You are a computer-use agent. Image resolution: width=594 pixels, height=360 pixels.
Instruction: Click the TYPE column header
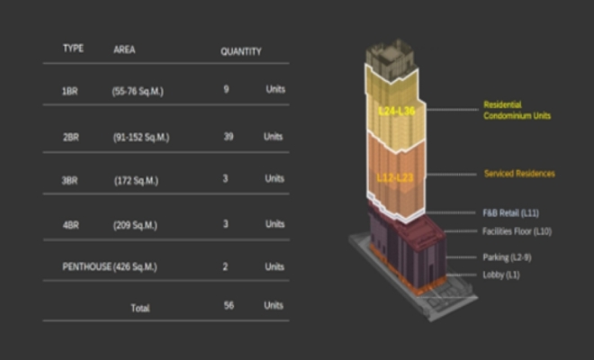73,48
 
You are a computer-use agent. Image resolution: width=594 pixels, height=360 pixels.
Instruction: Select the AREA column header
124,49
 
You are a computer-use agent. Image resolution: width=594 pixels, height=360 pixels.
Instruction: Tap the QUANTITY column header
240,51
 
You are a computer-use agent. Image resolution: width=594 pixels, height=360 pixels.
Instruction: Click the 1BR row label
69,92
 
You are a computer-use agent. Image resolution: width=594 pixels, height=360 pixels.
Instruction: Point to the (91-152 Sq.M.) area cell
141,138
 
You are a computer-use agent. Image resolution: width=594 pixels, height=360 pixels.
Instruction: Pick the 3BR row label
69,180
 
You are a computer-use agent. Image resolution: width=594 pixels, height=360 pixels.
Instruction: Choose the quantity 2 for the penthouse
225,266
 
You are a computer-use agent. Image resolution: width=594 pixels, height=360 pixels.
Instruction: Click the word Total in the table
139,307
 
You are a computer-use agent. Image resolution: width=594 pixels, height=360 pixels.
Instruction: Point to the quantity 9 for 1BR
225,90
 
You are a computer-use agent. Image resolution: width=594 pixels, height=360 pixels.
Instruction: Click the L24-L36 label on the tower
396,111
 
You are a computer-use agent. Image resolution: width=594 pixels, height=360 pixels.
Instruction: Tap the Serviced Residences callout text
519,173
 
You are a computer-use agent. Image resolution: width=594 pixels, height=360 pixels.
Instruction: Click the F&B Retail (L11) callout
510,213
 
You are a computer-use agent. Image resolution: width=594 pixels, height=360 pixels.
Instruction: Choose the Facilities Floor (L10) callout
516,233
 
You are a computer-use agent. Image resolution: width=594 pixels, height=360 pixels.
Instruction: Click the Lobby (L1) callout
500,274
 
